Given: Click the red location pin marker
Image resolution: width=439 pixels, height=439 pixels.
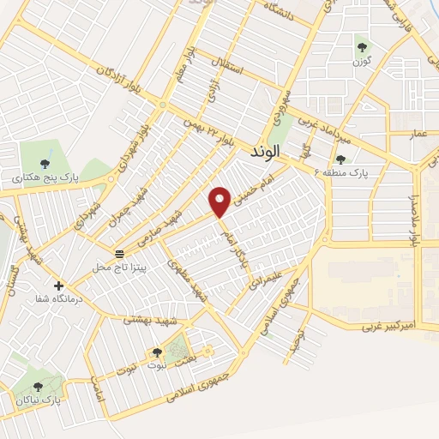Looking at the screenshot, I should (x=220, y=202).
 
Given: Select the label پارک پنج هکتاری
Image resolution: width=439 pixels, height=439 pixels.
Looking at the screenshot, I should (x=45, y=178).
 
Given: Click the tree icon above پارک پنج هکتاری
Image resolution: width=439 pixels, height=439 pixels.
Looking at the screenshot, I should (x=45, y=164).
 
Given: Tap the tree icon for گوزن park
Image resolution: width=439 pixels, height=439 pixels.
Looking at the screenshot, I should (x=361, y=48).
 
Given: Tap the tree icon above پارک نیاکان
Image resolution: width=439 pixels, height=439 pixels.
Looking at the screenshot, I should (x=37, y=388).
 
